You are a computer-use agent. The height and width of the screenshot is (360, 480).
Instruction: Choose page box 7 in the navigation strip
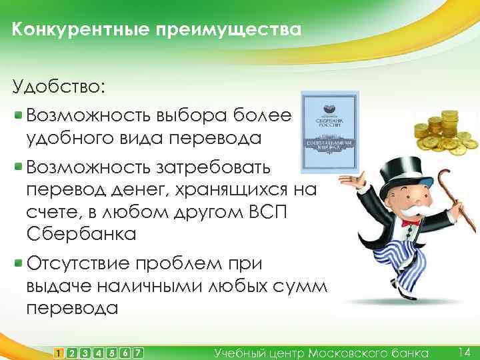138,351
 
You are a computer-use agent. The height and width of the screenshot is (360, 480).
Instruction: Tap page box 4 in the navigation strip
99,351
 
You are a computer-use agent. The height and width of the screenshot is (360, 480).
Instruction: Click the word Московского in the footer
343,351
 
